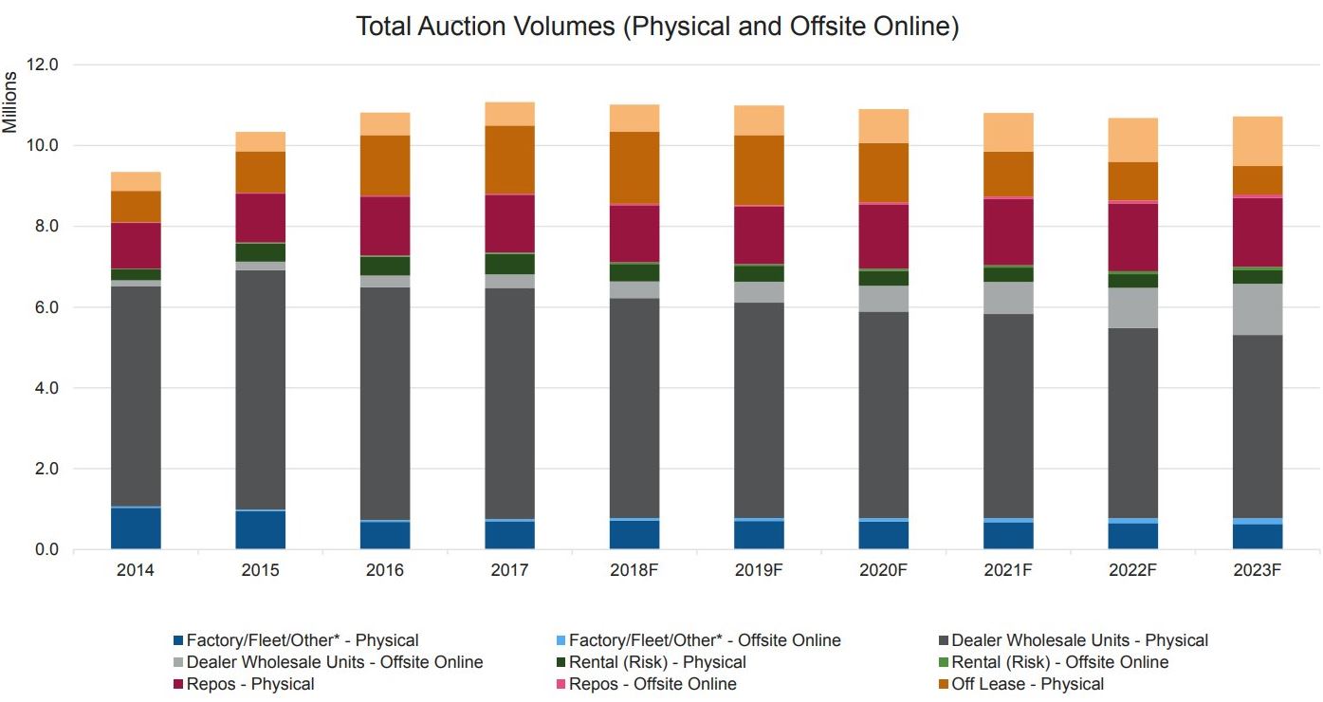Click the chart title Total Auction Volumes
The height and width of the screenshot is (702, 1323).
point(657,27)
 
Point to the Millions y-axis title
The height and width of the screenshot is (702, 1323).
point(10,102)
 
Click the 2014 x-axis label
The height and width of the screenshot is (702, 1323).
point(136,570)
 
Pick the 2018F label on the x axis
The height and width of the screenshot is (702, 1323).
point(634,570)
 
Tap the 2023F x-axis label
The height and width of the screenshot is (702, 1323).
point(1258,570)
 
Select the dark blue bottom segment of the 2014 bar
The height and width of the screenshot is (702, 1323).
point(136,528)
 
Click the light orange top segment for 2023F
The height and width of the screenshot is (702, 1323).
point(1258,141)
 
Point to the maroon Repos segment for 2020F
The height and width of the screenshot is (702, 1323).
point(883,236)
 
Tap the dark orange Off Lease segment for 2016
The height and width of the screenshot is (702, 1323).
point(385,166)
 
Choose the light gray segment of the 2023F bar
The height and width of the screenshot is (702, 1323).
point(1258,309)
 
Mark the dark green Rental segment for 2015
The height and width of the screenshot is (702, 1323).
point(261,252)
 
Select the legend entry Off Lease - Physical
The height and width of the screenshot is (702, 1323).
point(1027,684)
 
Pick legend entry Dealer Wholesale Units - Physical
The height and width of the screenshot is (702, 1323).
point(1079,640)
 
